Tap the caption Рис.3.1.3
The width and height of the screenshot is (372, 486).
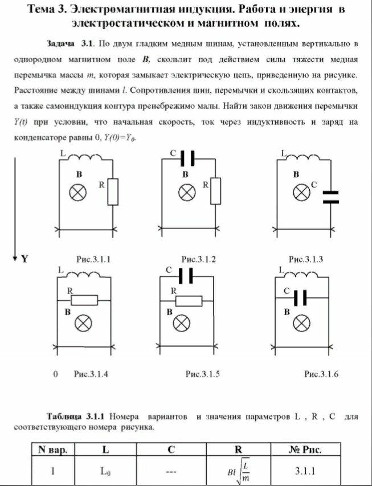click(306, 259)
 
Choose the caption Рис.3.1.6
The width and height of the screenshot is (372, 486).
click(321, 374)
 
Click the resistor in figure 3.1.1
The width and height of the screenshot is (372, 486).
click(113, 191)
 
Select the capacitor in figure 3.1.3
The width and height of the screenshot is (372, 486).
click(330, 197)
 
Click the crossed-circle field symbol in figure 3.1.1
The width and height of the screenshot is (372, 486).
click(77, 193)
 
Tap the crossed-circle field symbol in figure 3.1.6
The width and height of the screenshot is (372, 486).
click(300, 324)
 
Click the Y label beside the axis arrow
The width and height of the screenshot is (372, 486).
click(24, 259)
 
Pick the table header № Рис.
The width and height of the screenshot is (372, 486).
click(305, 450)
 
